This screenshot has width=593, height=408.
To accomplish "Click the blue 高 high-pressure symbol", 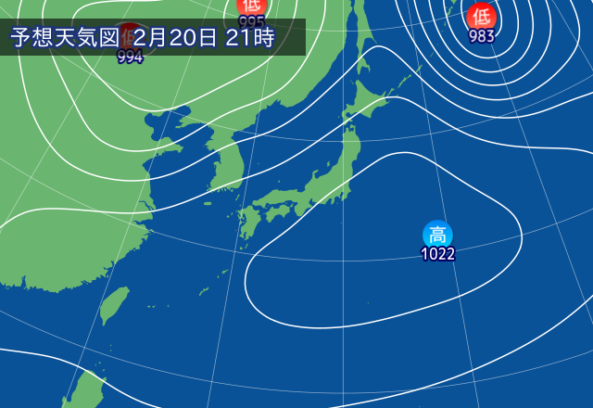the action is [437, 235].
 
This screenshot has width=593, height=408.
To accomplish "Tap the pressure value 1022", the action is [437, 254].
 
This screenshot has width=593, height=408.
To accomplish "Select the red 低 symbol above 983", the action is [481, 16].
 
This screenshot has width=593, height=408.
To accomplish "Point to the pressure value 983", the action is [481, 36].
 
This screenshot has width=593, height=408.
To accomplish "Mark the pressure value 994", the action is [130, 57].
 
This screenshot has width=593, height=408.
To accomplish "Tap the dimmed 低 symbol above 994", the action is [130, 37].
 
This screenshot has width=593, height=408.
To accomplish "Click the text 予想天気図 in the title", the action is [65, 38].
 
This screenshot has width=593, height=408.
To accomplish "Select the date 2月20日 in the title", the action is [175, 38].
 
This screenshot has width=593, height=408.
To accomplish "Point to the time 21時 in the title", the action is [249, 38].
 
